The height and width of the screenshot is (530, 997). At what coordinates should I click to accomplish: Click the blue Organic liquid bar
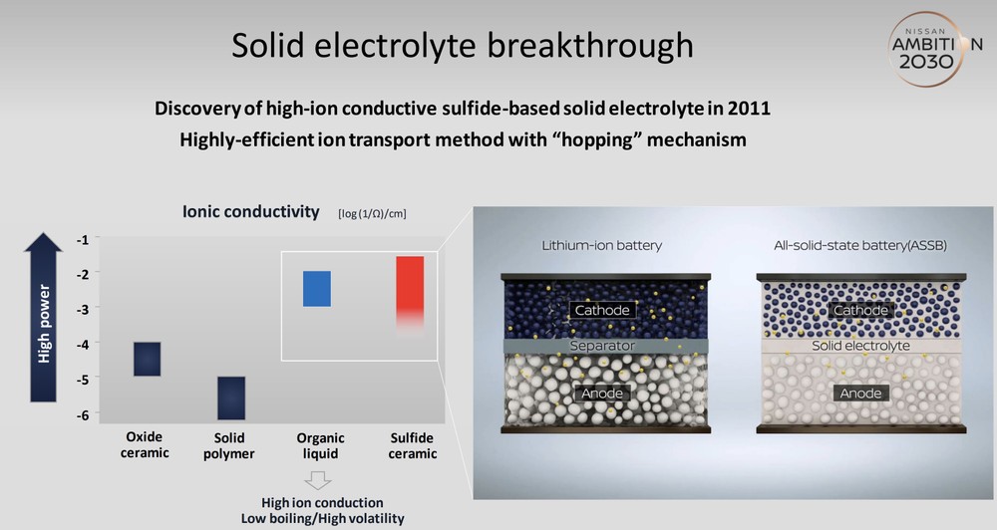(317, 289)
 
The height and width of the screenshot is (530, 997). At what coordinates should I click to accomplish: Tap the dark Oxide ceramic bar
(147, 359)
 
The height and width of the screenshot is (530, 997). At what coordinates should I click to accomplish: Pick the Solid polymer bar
(231, 397)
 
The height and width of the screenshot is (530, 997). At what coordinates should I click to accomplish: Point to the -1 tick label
(83, 239)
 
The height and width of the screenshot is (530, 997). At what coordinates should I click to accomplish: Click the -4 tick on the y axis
(83, 344)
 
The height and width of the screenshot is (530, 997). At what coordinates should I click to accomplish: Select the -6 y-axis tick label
(83, 414)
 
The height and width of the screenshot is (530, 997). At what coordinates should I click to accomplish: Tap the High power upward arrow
(43, 317)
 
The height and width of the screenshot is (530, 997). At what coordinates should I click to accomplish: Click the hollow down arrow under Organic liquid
(318, 480)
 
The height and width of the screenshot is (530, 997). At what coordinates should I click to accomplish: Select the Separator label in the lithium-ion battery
(602, 346)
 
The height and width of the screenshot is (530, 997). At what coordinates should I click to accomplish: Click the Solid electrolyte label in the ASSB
(860, 346)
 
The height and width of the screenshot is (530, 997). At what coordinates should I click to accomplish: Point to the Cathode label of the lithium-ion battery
(602, 310)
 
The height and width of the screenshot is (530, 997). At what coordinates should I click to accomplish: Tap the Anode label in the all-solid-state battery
(860, 394)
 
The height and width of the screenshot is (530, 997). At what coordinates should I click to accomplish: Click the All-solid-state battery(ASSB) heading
(860, 245)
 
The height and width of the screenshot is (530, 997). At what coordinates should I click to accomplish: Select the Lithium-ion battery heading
(601, 245)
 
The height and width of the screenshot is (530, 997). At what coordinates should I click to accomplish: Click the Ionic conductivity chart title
(250, 211)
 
